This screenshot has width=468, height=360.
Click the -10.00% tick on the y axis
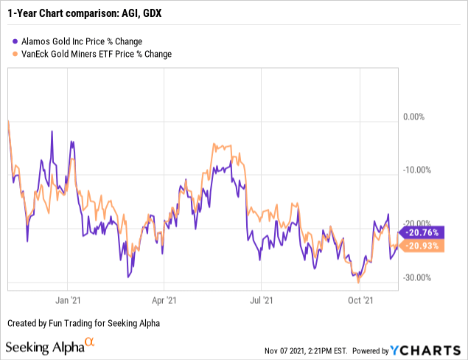(x=416, y=170)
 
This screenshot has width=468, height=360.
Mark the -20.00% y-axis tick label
(x=416, y=224)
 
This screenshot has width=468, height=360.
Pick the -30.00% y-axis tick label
(x=416, y=277)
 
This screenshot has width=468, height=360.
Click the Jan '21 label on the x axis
(x=68, y=301)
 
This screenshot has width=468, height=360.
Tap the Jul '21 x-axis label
(x=260, y=301)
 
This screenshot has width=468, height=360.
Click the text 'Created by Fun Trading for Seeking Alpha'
(x=83, y=324)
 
